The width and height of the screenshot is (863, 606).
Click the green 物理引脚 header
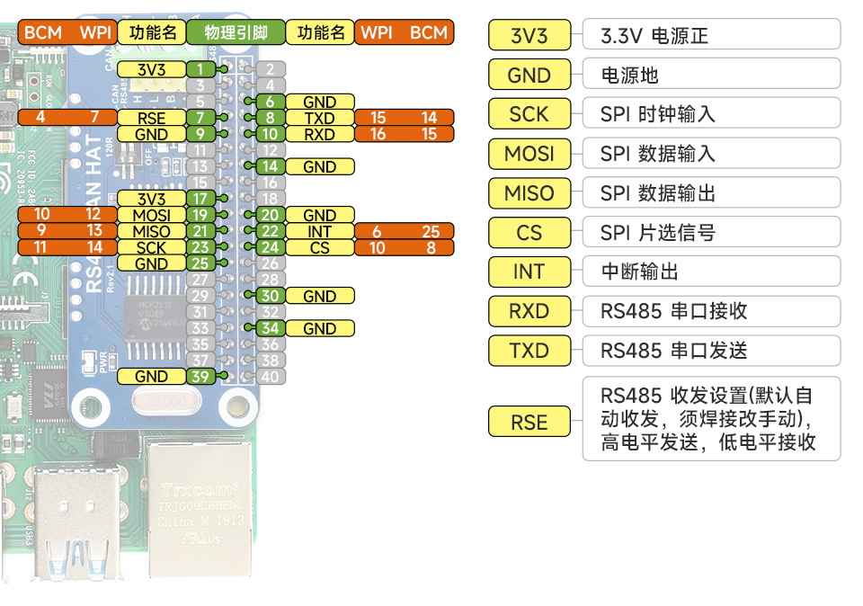tap(236, 32)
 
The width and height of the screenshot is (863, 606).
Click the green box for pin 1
tap(200, 69)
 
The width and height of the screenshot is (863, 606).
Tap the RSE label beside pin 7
tap(151, 118)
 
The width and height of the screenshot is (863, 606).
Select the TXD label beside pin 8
tap(319, 118)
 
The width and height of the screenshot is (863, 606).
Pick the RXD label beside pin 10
tap(319, 134)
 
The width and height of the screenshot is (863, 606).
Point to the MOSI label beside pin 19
tap(151, 215)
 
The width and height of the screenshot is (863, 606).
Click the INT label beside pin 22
tap(319, 231)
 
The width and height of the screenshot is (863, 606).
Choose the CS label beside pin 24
tap(319, 247)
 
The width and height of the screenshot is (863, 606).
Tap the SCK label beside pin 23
tap(151, 247)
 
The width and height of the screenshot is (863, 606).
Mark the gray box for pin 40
tap(270, 377)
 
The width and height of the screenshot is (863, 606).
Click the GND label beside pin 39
tap(151, 377)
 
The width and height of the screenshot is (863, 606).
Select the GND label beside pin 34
tap(319, 328)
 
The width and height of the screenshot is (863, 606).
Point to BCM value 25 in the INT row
tap(430, 231)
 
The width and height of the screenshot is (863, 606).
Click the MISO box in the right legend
tap(529, 193)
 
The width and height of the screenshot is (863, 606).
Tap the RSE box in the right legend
tap(529, 422)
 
